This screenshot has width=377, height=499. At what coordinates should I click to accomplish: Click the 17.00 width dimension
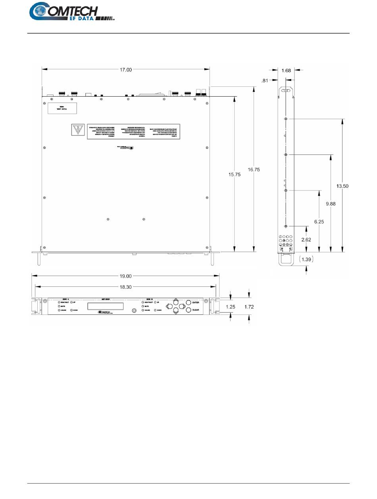[x=126, y=70]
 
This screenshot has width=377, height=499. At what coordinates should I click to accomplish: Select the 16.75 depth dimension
[x=254, y=169]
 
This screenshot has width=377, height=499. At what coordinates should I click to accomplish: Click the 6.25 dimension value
[x=319, y=222]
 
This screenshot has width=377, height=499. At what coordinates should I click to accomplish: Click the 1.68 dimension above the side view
[x=286, y=70]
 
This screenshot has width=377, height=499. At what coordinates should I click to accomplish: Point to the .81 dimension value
[x=265, y=80]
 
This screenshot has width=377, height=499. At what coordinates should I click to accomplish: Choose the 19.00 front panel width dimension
[x=126, y=277]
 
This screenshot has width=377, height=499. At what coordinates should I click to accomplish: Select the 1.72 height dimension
[x=249, y=307]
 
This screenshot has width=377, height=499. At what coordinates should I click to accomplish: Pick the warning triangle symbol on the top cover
[x=77, y=130]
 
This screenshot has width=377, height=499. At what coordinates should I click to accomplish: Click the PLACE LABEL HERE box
[x=62, y=108]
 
